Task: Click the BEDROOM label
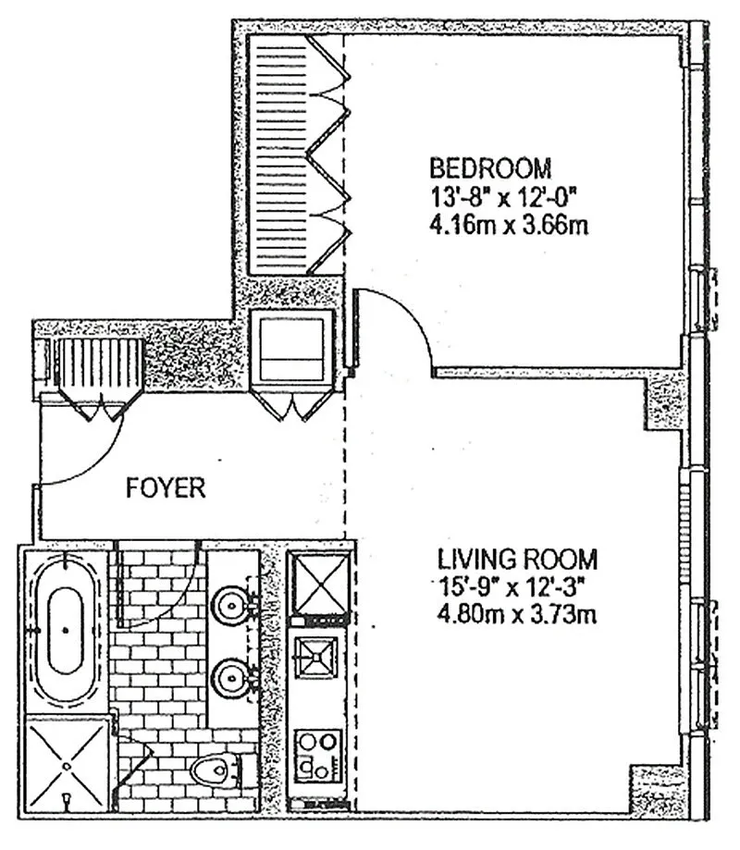pyautogui.click(x=490, y=168)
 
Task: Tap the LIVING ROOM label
pyautogui.click(x=517, y=560)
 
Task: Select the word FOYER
pyautogui.click(x=166, y=487)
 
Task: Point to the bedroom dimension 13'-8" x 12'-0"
pyautogui.click(x=502, y=197)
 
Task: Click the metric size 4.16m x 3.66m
pyautogui.click(x=509, y=225)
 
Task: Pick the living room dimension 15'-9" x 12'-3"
pyautogui.click(x=512, y=587)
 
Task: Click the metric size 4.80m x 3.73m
pyautogui.click(x=517, y=615)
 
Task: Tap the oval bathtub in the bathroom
pyautogui.click(x=66, y=631)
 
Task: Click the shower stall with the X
pyautogui.click(x=67, y=765)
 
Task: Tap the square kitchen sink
pyautogui.click(x=316, y=657)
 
